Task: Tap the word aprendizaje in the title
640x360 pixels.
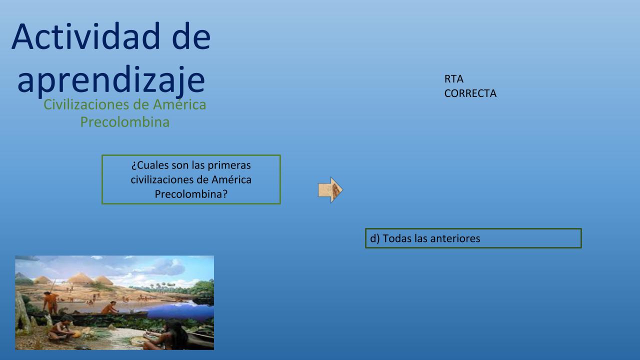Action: (x=111, y=80)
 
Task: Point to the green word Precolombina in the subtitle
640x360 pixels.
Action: (x=125, y=122)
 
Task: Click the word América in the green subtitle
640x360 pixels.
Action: (x=179, y=104)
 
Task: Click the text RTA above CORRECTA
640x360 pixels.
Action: (x=453, y=79)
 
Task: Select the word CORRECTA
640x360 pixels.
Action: (x=470, y=93)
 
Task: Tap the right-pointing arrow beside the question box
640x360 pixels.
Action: (x=330, y=190)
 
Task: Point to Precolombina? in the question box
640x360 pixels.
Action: (x=191, y=194)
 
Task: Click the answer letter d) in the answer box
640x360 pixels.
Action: (x=375, y=238)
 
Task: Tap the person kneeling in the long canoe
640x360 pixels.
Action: (x=109, y=308)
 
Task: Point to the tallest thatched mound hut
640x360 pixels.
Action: (x=80, y=278)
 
